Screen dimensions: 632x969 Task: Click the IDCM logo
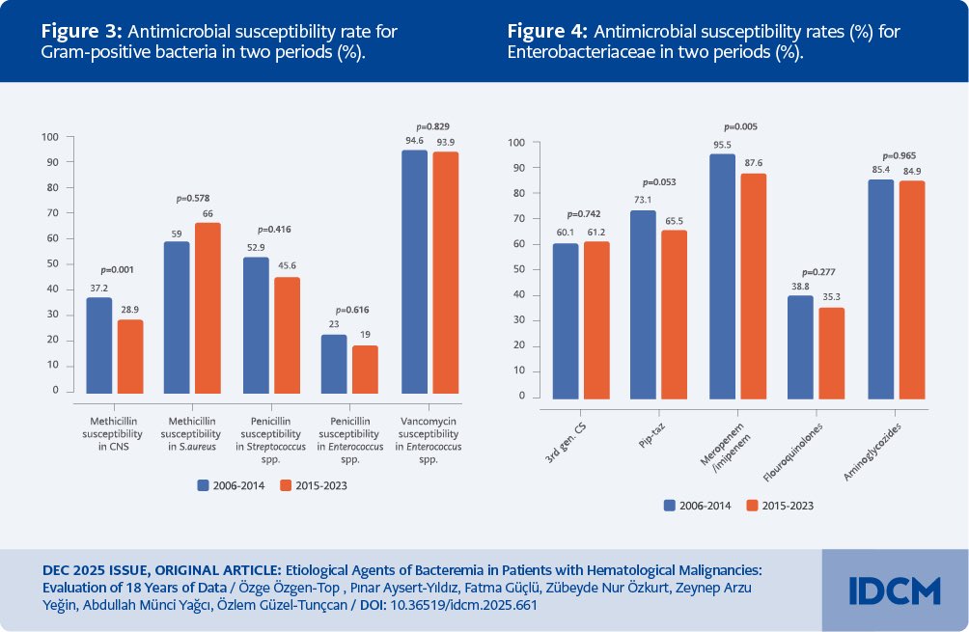click(x=894, y=591)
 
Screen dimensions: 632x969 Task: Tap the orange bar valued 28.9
click(x=130, y=356)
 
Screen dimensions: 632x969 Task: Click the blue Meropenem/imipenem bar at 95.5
click(x=722, y=276)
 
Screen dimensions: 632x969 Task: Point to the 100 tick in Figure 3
click(x=51, y=137)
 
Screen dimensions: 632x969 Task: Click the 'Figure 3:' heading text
click(x=82, y=31)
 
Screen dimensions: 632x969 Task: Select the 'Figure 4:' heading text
click(x=549, y=31)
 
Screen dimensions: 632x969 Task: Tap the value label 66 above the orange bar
click(x=206, y=212)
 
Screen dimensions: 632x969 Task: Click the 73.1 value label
click(x=642, y=201)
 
